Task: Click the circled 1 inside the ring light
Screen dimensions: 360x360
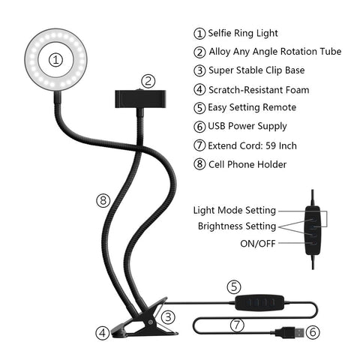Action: click(x=55, y=60)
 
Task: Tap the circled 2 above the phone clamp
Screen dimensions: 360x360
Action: click(x=148, y=81)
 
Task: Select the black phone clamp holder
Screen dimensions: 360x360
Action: click(x=140, y=99)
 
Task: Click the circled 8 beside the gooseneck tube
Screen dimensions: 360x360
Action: click(x=103, y=200)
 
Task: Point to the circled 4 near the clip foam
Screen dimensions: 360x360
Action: click(x=103, y=333)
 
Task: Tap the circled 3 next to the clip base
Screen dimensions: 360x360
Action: click(x=168, y=317)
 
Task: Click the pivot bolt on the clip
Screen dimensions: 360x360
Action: click(x=151, y=322)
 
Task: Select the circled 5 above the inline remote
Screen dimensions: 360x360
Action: click(x=234, y=286)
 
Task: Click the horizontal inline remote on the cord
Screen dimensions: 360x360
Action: click(x=259, y=303)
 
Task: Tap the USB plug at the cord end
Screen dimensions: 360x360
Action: click(x=291, y=332)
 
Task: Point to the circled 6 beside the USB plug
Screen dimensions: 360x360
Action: click(x=313, y=332)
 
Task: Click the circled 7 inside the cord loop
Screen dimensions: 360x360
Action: click(x=237, y=325)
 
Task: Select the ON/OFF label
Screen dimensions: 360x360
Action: click(x=258, y=243)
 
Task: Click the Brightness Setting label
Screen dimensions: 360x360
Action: click(x=237, y=226)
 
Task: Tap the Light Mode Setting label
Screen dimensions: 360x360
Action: click(x=235, y=210)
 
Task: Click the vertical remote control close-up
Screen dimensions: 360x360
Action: click(x=313, y=230)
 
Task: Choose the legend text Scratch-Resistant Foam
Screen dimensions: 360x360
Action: click(x=259, y=90)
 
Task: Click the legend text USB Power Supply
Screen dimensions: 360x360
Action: click(x=247, y=126)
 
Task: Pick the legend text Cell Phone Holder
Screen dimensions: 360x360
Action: click(x=247, y=164)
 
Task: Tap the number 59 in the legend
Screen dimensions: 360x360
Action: click(x=271, y=145)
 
